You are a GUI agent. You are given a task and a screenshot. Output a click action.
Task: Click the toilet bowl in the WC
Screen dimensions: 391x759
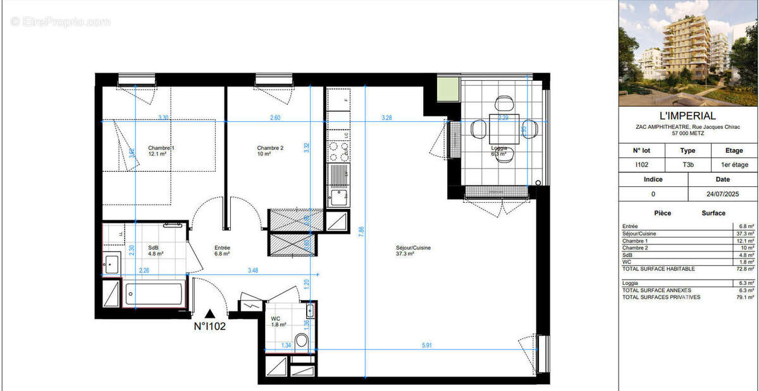pos(302,342)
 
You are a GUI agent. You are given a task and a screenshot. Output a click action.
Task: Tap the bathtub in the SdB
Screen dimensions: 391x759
pos(154,295)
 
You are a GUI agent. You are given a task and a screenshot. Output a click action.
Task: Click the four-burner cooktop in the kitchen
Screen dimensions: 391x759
pos(338,150)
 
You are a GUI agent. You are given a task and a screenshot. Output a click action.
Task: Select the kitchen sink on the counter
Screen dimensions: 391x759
pos(338,195)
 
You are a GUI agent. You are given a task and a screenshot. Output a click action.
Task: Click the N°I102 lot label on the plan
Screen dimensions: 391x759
pos(209,327)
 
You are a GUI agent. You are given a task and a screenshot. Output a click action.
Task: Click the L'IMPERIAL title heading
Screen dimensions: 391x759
pos(688,116)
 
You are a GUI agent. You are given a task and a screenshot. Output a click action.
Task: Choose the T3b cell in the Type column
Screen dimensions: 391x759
pos(687,165)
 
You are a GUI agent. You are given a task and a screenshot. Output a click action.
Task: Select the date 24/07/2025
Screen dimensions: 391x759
pos(722,194)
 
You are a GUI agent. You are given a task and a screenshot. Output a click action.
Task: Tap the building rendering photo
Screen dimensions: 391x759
pos(688,54)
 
